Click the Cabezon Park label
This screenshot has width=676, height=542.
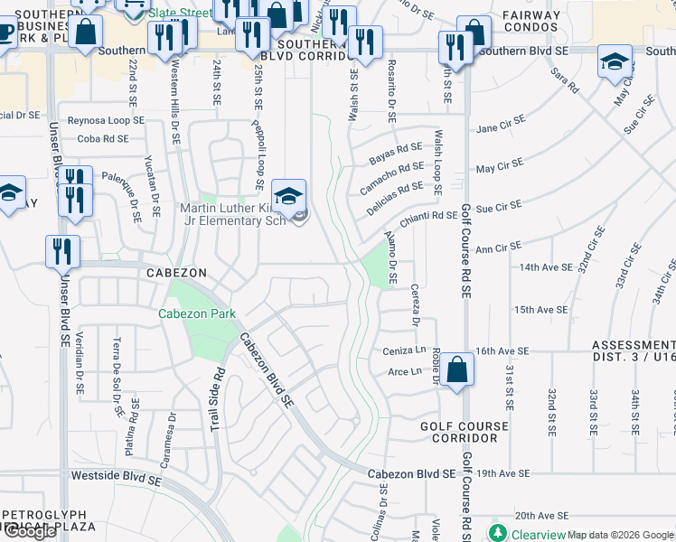pyautogui.click(x=197, y=313)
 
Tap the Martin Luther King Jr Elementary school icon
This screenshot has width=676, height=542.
pyautogui.click(x=288, y=196)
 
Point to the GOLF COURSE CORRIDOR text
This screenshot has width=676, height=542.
pyautogui.click(x=459, y=431)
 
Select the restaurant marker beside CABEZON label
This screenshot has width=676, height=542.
pyautogui.click(x=62, y=252)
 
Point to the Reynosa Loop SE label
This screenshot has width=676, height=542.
pyautogui.click(x=106, y=119)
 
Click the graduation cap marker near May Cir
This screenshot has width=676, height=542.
pyautogui.click(x=615, y=62)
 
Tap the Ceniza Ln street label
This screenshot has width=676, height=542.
pyautogui.click(x=406, y=350)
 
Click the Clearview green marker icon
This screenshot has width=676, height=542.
pyautogui.click(x=496, y=533)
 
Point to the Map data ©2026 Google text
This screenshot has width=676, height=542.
pyautogui.click(x=620, y=535)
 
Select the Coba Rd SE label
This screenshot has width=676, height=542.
pyautogui.click(x=103, y=138)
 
